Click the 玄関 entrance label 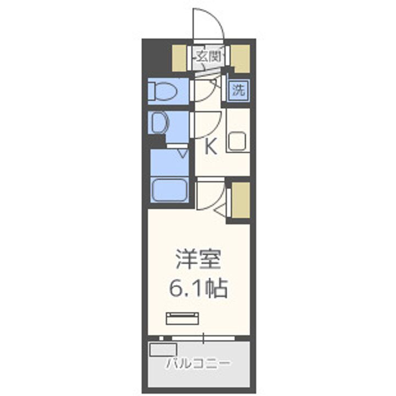(209, 56)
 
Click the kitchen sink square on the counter (238, 142)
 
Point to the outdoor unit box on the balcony (163, 350)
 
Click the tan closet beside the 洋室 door (240, 199)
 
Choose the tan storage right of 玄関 (240, 56)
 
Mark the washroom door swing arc (207, 124)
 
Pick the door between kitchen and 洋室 (211, 195)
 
